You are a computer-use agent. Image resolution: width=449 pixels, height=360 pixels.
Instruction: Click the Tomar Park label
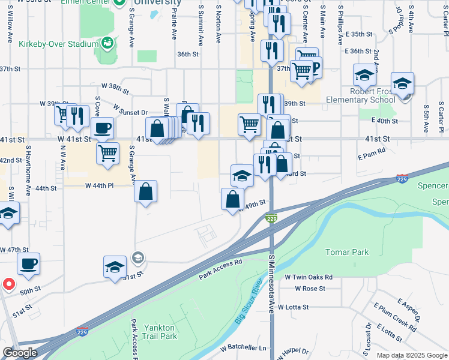347,252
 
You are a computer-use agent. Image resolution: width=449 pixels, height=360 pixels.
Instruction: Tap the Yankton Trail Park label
160,332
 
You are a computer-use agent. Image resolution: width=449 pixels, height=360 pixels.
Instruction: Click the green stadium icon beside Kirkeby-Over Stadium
107,42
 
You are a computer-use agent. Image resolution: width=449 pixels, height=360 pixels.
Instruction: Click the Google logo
20,353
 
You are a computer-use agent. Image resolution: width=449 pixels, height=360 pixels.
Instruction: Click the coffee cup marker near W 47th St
29,263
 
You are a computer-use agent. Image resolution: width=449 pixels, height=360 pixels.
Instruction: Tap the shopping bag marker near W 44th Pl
146,192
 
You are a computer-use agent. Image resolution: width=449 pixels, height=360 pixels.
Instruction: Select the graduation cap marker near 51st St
115,267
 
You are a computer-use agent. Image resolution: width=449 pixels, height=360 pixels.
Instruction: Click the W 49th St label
252,206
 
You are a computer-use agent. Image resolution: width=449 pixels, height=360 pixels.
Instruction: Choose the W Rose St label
310,289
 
